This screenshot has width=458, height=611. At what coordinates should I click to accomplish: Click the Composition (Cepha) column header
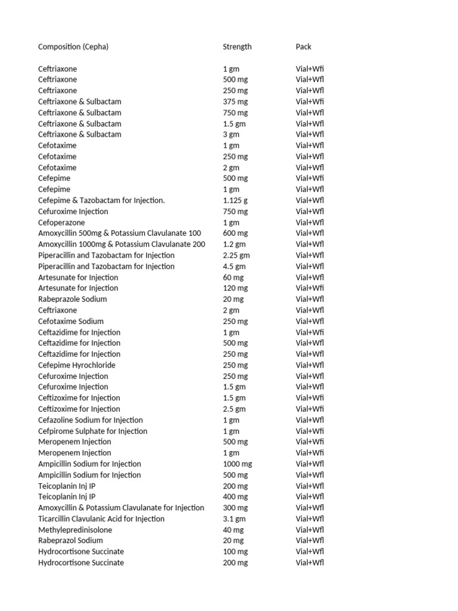(73, 47)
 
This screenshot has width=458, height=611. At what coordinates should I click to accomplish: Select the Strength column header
(237, 47)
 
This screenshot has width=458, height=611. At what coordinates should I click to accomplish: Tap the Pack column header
(304, 47)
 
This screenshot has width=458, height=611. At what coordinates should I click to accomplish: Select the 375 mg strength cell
(236, 101)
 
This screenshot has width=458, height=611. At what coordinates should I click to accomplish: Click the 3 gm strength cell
(231, 134)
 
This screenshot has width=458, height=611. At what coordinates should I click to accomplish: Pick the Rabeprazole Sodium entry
(73, 299)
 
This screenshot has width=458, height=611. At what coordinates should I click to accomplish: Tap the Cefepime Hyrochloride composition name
(77, 365)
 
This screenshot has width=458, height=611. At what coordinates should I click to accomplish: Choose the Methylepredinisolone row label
(75, 530)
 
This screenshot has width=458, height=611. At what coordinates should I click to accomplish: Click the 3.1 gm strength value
(234, 519)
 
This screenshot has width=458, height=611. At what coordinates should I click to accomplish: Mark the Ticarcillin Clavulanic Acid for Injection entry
(101, 519)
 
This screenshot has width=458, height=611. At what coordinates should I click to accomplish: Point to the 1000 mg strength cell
(238, 464)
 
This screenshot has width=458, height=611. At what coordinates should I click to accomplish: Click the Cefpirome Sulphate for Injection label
(92, 431)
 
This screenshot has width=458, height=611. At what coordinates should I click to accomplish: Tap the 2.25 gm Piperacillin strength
(237, 255)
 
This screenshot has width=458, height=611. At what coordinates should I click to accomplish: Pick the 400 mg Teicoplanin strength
(236, 496)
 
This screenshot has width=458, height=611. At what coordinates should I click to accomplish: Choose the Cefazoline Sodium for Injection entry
(91, 420)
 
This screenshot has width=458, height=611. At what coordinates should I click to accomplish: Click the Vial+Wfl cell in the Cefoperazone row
(310, 223)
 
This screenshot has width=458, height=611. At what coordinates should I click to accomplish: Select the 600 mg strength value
(236, 233)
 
